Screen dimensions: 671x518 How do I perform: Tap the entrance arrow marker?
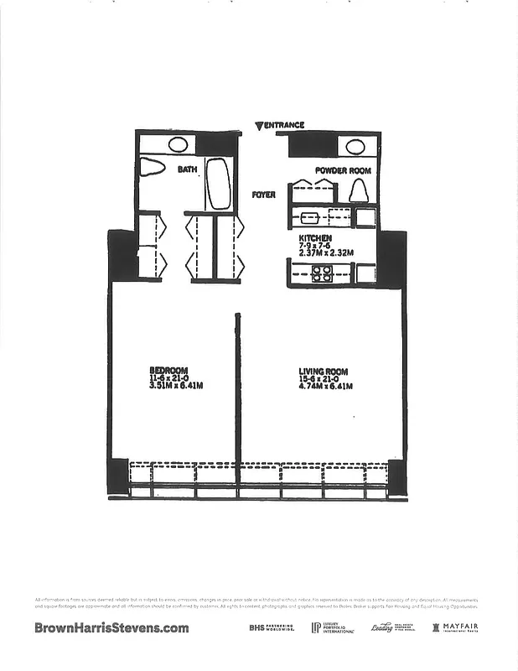(259, 126)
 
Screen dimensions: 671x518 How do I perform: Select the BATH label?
(187, 169)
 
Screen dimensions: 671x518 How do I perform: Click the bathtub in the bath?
(218, 183)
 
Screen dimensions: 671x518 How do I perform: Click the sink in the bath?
(178, 143)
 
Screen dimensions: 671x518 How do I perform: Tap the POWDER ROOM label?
(343, 170)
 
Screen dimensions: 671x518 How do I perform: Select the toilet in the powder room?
(359, 191)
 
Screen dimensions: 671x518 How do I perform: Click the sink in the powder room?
(355, 147)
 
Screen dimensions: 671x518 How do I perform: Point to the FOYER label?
(264, 195)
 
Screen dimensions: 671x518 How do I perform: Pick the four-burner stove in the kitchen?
(322, 273)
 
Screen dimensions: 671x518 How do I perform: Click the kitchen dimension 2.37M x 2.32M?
(326, 252)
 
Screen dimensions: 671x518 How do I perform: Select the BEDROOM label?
(168, 370)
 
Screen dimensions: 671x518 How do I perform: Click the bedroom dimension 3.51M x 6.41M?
(176, 385)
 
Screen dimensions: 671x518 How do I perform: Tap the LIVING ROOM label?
(323, 371)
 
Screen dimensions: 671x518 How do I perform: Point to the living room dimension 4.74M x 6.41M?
(326, 386)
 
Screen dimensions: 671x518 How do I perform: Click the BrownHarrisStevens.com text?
(111, 627)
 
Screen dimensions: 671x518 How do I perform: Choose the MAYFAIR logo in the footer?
(454, 627)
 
